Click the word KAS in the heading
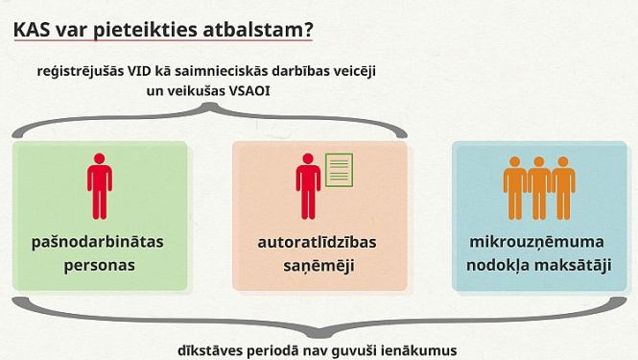tap(34, 29)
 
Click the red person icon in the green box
tap(100, 180)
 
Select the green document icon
tap(338, 170)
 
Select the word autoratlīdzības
tap(319, 242)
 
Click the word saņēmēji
tap(319, 264)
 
